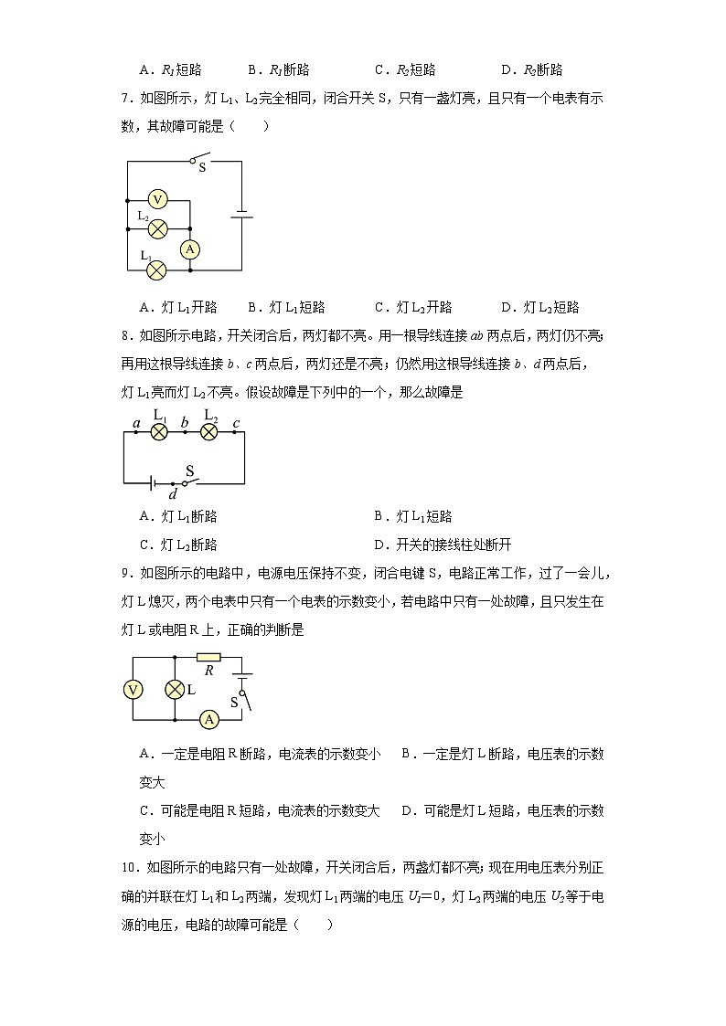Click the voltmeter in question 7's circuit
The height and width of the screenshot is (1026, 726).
[x=157, y=199]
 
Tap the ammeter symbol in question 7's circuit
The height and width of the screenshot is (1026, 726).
[x=189, y=249]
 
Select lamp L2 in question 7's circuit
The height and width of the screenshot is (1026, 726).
[x=157, y=228]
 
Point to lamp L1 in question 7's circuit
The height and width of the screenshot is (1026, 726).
[x=157, y=270]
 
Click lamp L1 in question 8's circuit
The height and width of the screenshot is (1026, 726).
[x=158, y=431]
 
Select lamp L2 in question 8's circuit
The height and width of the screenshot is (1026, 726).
[x=208, y=431]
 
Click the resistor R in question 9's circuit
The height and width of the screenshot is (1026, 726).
[x=208, y=657]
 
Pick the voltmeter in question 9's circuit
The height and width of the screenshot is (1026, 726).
[x=133, y=690]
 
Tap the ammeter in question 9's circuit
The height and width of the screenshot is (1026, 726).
[x=208, y=720]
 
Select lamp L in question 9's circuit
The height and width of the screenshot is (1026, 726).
[x=175, y=690]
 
